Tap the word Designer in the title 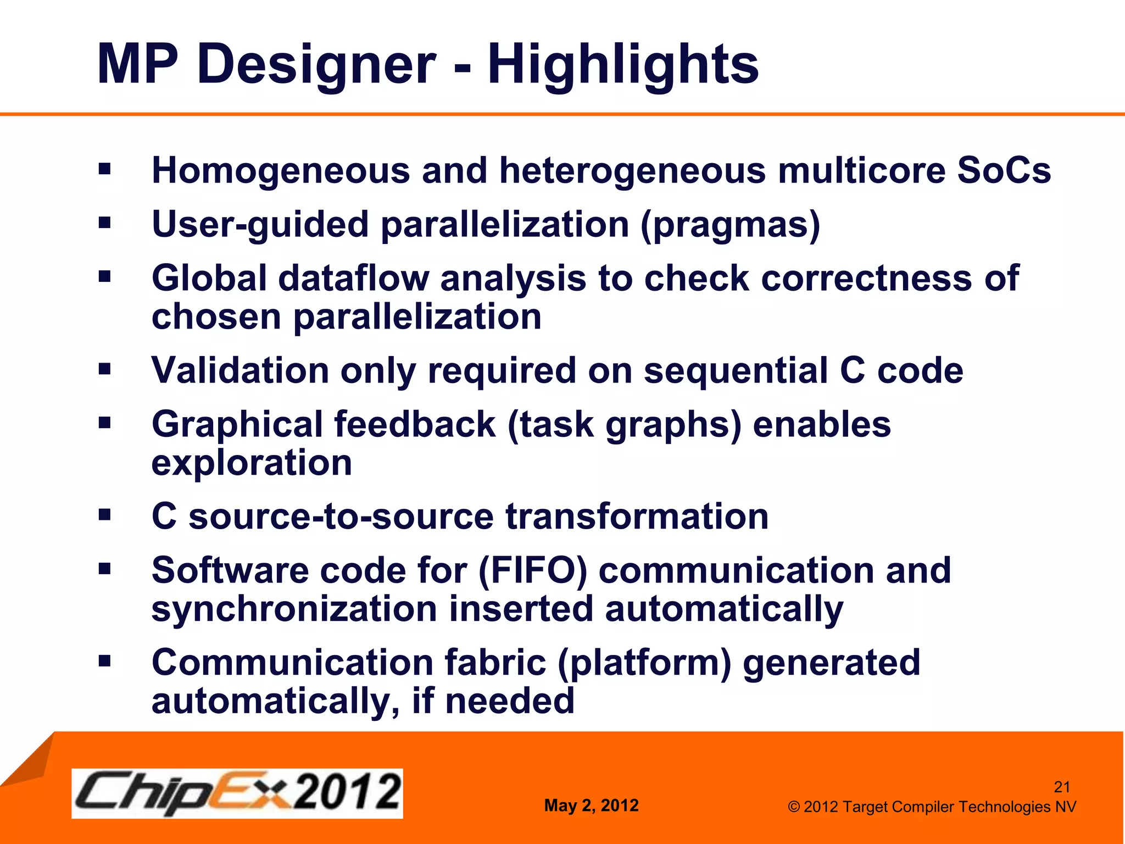320,65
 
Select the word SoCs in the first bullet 1004,170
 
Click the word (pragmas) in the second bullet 730,225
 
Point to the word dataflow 353,278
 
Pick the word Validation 240,370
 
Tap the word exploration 252,463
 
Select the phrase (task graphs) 624,425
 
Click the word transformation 637,517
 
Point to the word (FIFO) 532,570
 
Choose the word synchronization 294,609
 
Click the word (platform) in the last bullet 644,663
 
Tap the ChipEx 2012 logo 237,793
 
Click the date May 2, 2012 591,806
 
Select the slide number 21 1062,787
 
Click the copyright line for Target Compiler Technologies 932,807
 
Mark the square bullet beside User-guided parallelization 104,223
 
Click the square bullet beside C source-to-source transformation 104,515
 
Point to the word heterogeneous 632,170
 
